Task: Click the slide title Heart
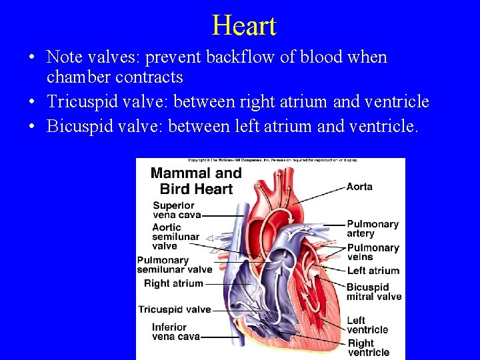pos(244,26)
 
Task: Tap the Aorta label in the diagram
pos(359,187)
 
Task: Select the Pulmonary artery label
pos(373,229)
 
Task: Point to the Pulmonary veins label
pos(373,252)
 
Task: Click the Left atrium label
pos(373,271)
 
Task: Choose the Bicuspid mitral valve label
pos(374,292)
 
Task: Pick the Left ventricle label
pos(367,325)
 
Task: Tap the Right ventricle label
pos(368,348)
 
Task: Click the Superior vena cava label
pos(173,210)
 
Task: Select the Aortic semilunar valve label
pos(175,237)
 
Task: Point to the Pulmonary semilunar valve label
pos(174,265)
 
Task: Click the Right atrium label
pos(173,283)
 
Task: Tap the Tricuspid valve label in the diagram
pos(174,309)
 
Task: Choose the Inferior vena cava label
pos(175,332)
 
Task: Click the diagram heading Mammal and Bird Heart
pos(196,181)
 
